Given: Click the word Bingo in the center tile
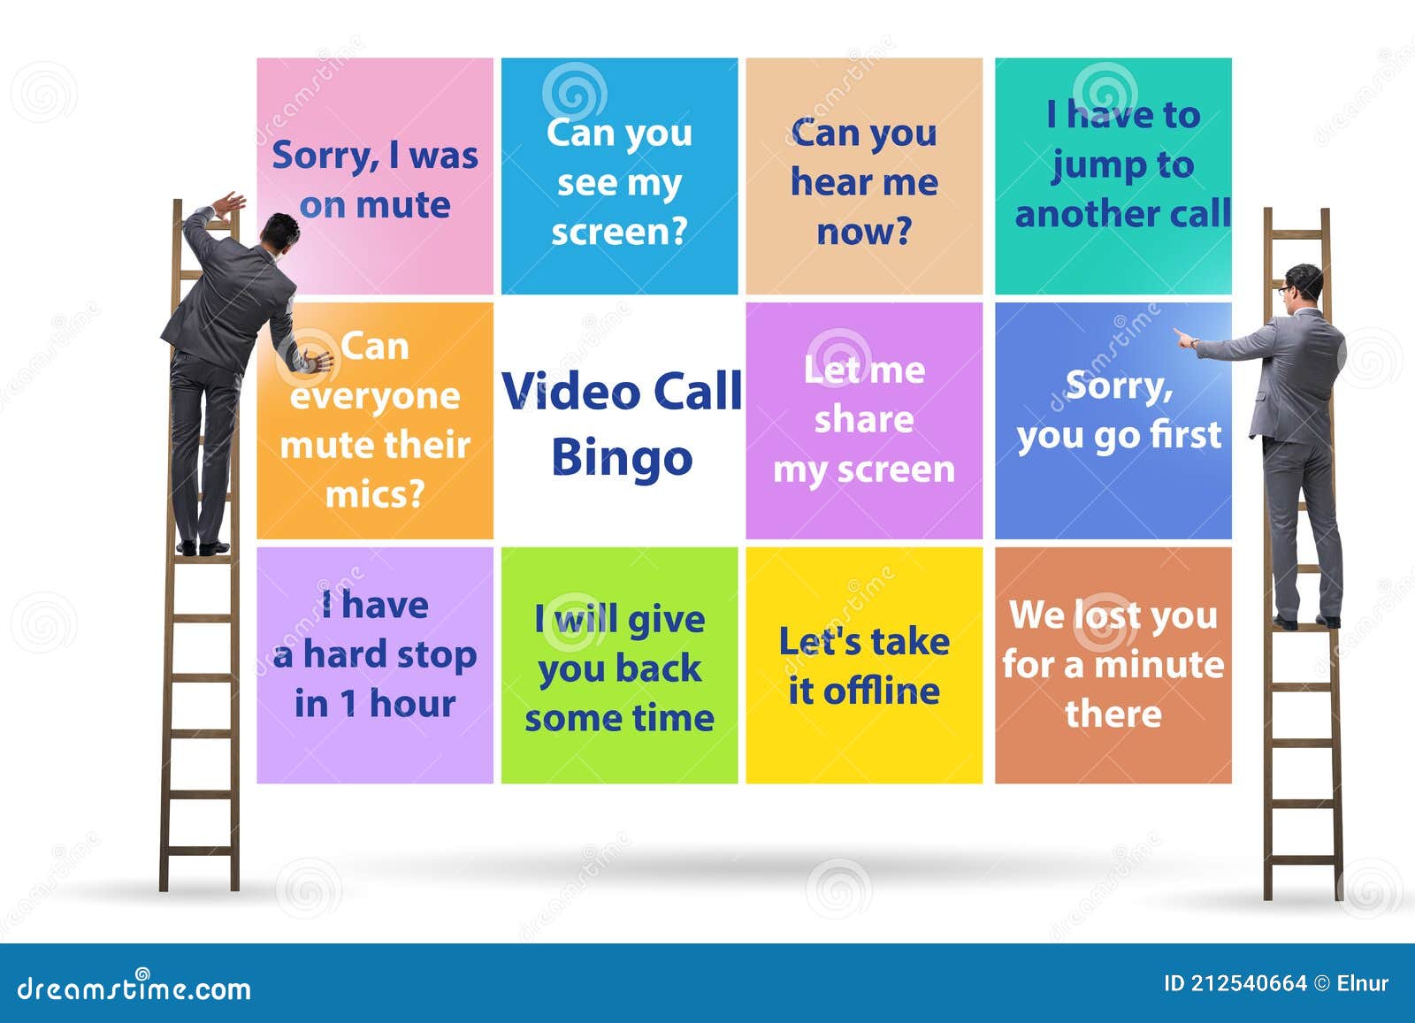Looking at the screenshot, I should click(x=622, y=459).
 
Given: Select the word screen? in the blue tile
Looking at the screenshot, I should click(x=619, y=232).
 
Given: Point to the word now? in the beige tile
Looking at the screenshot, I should click(x=863, y=232).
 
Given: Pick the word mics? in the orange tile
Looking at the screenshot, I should click(x=375, y=493).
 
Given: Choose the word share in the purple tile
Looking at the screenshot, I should click(x=863, y=419).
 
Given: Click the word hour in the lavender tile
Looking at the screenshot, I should click(x=412, y=704).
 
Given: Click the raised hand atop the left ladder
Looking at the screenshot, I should click(x=231, y=203).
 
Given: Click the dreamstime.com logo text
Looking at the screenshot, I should click(x=134, y=989).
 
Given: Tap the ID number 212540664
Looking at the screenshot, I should click(x=1248, y=983).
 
